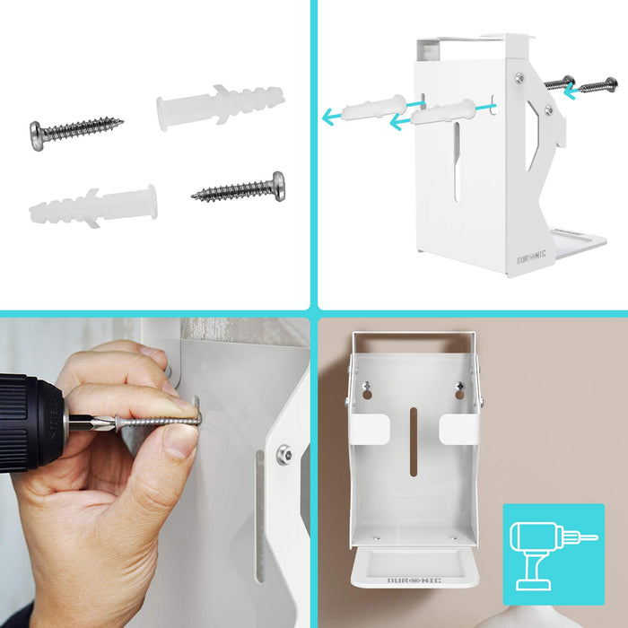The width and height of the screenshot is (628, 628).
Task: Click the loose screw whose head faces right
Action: click(239, 188)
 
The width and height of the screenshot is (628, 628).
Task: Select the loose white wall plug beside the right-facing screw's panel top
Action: click(220, 108)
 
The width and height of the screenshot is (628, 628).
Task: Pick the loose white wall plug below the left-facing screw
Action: click(92, 206)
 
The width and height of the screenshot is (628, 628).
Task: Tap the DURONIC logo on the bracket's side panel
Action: click(531, 255)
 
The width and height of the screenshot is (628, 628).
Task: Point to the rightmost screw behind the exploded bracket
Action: click(598, 86)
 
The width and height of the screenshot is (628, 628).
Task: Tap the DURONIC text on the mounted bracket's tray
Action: click(414, 580)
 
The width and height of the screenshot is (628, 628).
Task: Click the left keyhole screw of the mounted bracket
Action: click(367, 390)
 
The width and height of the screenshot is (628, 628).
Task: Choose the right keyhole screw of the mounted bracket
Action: click(459, 390)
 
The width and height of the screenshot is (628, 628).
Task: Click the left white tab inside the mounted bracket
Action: click(370, 428)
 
